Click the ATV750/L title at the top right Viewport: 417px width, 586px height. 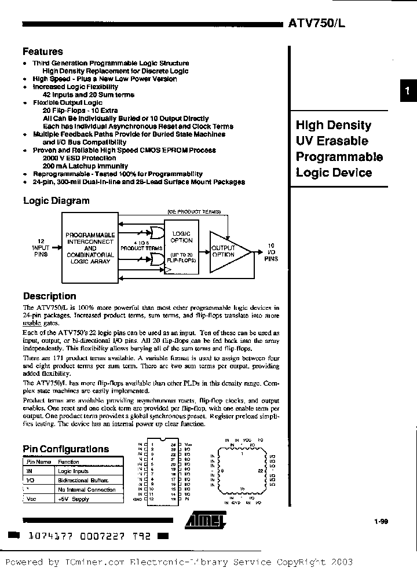[x=320, y=24]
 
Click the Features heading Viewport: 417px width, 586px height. [x=42, y=52]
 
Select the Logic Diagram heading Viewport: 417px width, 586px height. [x=56, y=201]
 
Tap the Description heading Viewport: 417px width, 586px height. [x=49, y=296]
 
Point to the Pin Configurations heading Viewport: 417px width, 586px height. [x=65, y=449]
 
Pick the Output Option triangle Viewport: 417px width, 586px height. [x=225, y=251]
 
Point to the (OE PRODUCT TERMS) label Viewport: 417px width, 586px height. [x=194, y=212]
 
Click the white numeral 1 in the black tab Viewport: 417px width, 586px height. [x=408, y=90]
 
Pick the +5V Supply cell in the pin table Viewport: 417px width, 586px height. [x=74, y=499]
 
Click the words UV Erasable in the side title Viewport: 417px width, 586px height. [x=332, y=141]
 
